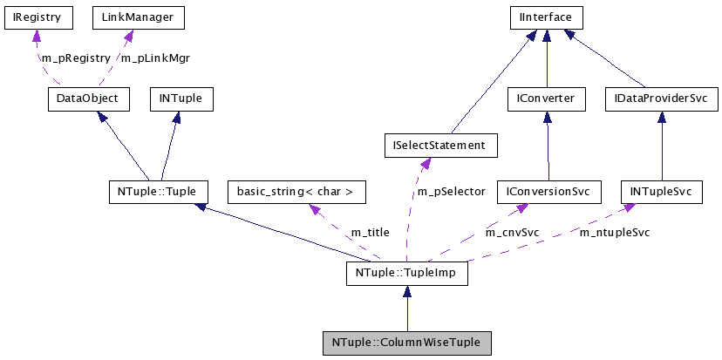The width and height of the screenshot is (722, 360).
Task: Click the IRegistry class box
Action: pyautogui.click(x=37, y=17)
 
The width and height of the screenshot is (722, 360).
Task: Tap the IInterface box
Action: pyautogui.click(x=546, y=17)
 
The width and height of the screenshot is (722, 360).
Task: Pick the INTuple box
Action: pyautogui.click(x=180, y=99)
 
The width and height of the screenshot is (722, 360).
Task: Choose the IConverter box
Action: pyautogui.click(x=546, y=99)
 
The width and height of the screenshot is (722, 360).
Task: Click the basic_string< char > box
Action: pyautogui.click(x=296, y=191)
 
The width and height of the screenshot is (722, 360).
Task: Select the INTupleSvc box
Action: pyautogui.click(x=660, y=191)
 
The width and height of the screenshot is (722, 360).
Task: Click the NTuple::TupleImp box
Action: pyautogui.click(x=406, y=274)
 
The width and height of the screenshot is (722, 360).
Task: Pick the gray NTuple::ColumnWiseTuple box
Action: pyautogui.click(x=406, y=343)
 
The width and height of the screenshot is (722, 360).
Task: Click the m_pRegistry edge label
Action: pyautogui.click(x=76, y=58)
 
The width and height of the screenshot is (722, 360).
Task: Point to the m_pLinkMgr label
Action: pyautogui.click(x=155, y=58)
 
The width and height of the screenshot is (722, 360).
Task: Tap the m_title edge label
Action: pyautogui.click(x=370, y=233)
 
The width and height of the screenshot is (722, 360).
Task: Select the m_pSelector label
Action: pyautogui.click(x=451, y=191)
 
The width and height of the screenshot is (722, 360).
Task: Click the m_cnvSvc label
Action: pyautogui.click(x=512, y=233)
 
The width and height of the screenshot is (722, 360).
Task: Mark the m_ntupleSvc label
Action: pyautogui.click(x=615, y=233)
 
